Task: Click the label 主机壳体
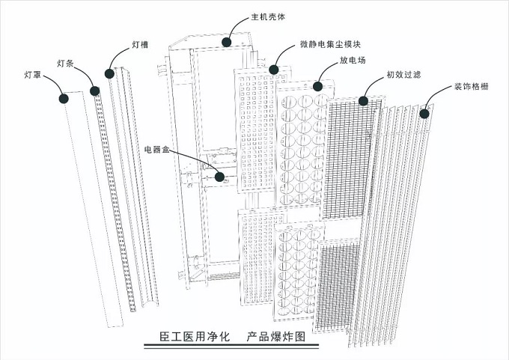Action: (x=268, y=16)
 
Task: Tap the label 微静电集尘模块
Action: (x=330, y=44)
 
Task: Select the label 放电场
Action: (x=353, y=60)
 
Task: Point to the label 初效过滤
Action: (x=403, y=74)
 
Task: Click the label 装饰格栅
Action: (x=472, y=86)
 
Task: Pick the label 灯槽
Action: (x=140, y=44)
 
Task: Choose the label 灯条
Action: (x=66, y=64)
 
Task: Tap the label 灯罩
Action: (x=33, y=75)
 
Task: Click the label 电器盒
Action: (x=157, y=150)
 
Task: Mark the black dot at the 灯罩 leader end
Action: (x=64, y=99)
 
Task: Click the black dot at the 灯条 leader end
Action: (x=95, y=91)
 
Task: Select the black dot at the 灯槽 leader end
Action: (x=109, y=73)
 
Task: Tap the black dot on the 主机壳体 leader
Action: (x=227, y=42)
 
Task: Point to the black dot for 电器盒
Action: (x=220, y=177)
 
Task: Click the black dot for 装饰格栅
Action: (x=424, y=114)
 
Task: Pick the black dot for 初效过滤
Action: (x=363, y=101)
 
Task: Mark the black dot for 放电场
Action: (x=318, y=86)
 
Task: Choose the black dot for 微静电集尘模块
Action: (x=274, y=70)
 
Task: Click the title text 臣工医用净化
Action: (x=195, y=336)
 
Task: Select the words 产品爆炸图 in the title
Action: (x=276, y=336)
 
